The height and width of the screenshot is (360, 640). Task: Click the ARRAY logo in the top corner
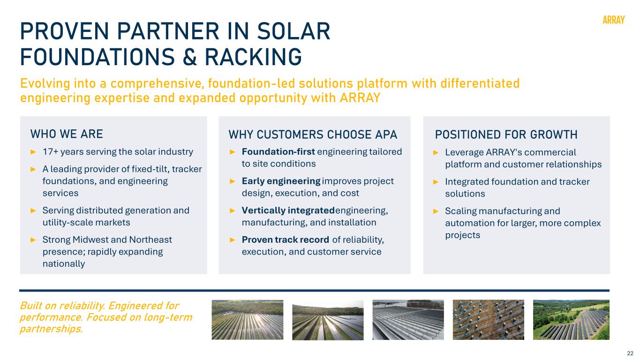[x=613, y=20]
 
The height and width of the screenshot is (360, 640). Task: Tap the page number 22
[x=630, y=353]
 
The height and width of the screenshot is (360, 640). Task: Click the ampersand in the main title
[x=190, y=57]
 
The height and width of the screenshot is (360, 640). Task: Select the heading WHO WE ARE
[x=67, y=134]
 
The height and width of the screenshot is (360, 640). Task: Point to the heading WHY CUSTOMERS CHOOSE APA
[x=313, y=135]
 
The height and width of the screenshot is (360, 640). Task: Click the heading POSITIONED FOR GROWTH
[x=506, y=135]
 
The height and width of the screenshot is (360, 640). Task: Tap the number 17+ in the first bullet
[x=50, y=152]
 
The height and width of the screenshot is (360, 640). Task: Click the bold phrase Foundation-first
[x=279, y=152]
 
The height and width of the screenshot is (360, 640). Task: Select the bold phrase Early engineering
[x=281, y=181]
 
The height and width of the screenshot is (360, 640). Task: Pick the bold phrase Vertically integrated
[x=288, y=210]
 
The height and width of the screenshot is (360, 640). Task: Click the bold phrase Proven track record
[x=286, y=240]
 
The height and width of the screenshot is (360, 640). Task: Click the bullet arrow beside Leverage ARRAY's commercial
[x=436, y=152]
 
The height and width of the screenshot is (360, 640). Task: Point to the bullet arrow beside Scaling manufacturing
[x=436, y=211]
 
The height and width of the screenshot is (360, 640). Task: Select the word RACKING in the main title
[x=253, y=57]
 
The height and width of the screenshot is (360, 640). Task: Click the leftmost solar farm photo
[x=248, y=320]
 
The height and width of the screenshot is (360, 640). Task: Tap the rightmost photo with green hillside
[x=571, y=320]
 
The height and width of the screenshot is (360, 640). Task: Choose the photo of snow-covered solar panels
[x=408, y=320]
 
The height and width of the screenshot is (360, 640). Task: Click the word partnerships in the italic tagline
[x=52, y=329]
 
